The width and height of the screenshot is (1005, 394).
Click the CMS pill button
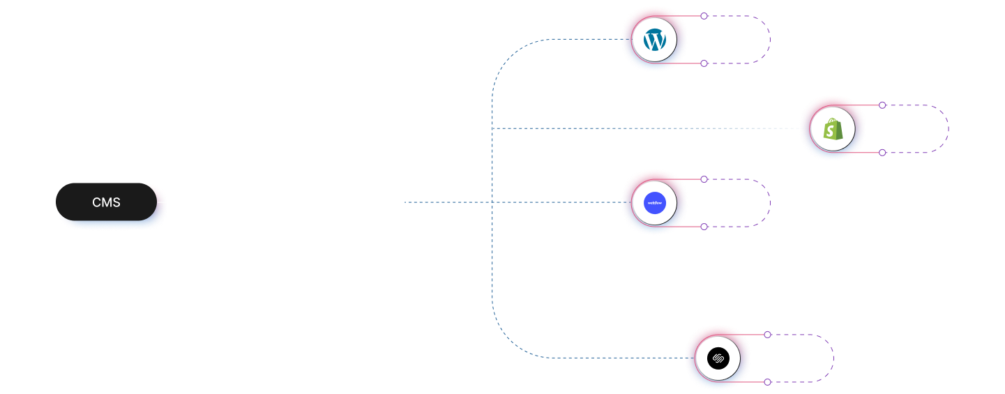click(x=106, y=202)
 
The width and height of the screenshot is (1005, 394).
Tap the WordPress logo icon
click(x=654, y=40)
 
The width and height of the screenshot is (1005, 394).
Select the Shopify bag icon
click(x=832, y=130)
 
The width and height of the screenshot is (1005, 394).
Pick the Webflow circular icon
click(x=654, y=204)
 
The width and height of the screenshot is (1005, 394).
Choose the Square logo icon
click(x=717, y=359)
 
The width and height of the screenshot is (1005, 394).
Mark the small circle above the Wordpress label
click(x=704, y=16)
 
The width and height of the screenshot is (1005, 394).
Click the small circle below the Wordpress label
click(x=704, y=63)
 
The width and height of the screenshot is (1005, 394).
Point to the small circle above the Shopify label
click(x=882, y=105)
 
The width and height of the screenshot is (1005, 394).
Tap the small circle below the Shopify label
click(x=882, y=153)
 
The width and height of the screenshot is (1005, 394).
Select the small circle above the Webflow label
click(x=704, y=179)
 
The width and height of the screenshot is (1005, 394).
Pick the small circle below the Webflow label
click(x=704, y=227)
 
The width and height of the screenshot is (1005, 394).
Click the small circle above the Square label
click(x=767, y=335)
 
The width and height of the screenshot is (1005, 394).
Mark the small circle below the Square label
click(x=767, y=382)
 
